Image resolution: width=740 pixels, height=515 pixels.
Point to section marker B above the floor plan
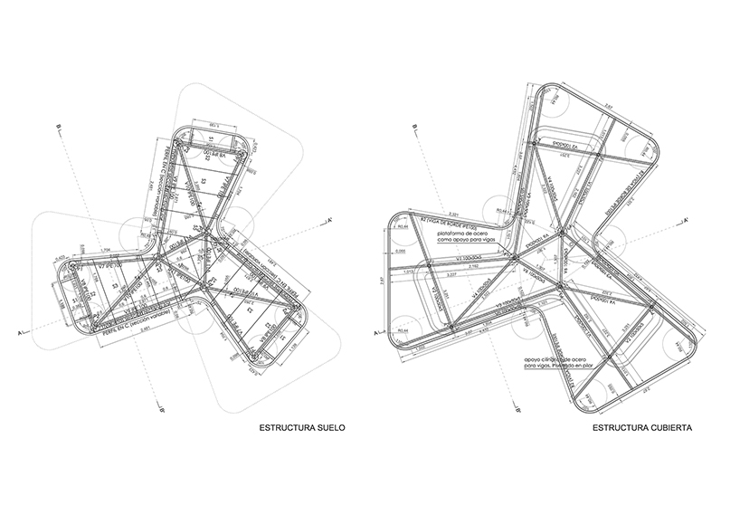57,125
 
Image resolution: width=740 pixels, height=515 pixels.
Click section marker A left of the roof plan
375,335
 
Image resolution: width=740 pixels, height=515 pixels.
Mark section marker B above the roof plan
413,125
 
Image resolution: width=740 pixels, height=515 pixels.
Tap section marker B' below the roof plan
516,409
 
